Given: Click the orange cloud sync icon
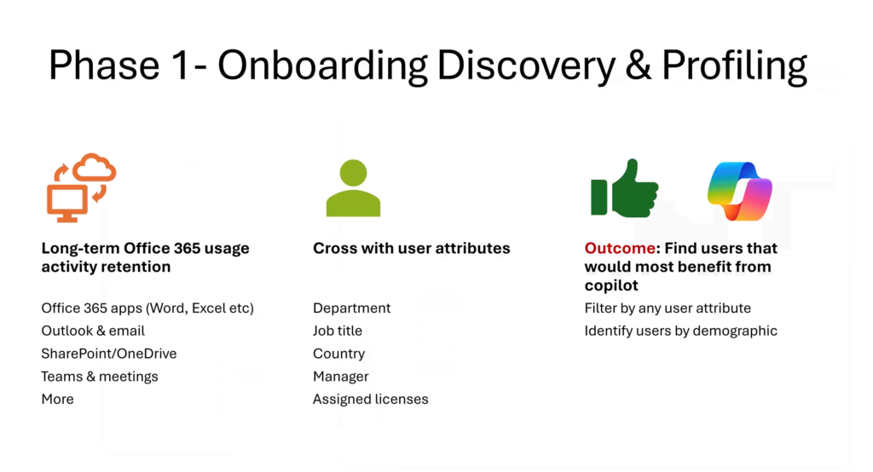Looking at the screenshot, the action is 81,187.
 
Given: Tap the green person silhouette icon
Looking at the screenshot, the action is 353,187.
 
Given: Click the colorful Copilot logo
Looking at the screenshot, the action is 740,191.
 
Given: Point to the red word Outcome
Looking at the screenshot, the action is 620,248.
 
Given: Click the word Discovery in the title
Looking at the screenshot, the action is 526,66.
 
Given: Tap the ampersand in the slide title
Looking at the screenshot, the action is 638,66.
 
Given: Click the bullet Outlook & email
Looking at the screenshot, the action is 93,331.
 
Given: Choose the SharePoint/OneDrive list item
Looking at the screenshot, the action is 109,354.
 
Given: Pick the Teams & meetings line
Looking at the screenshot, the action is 100,377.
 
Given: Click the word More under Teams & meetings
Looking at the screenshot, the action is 57,399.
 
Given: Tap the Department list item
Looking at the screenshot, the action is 352,308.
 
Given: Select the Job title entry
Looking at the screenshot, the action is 338,331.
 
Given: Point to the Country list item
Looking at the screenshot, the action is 339,354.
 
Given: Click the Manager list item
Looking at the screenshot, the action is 341,377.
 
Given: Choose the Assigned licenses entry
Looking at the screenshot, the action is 371,399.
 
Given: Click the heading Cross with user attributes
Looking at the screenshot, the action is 412,248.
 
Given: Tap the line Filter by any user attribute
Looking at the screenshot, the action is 668,308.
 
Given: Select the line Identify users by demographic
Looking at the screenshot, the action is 681,331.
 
